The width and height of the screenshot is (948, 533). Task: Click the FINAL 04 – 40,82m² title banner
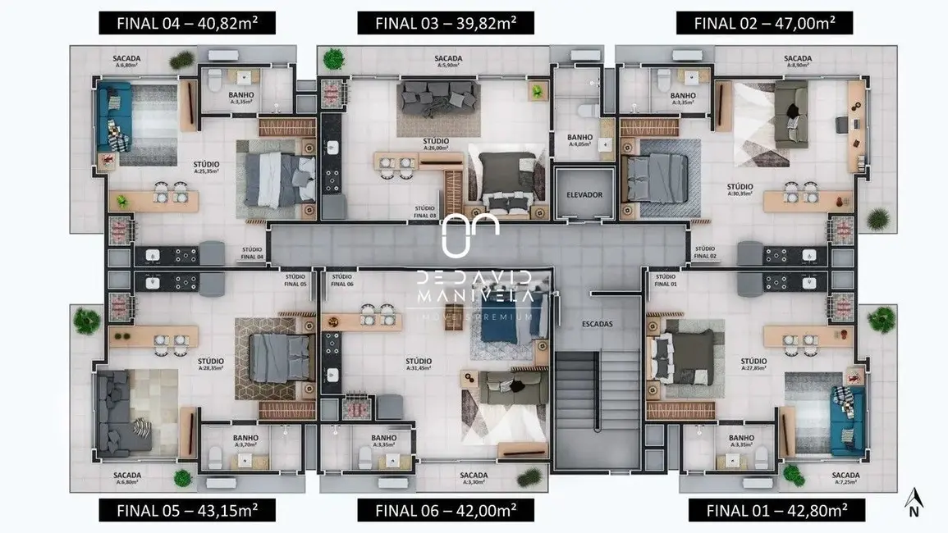coord(187,22)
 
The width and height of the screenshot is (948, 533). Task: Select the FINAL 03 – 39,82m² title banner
coord(446,22)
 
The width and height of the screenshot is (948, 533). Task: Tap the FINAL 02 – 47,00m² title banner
coord(764,22)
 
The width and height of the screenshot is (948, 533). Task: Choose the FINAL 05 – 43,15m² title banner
coord(187,510)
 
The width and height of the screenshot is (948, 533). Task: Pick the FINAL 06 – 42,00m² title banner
coord(446,510)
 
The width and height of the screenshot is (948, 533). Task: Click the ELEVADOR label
coord(584,195)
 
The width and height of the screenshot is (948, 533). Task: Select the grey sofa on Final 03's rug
coord(432,98)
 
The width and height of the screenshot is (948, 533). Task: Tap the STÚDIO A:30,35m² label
coord(740,189)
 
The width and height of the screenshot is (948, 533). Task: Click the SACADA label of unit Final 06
coord(474,476)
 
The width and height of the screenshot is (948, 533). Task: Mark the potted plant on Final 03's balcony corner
coord(333,59)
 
